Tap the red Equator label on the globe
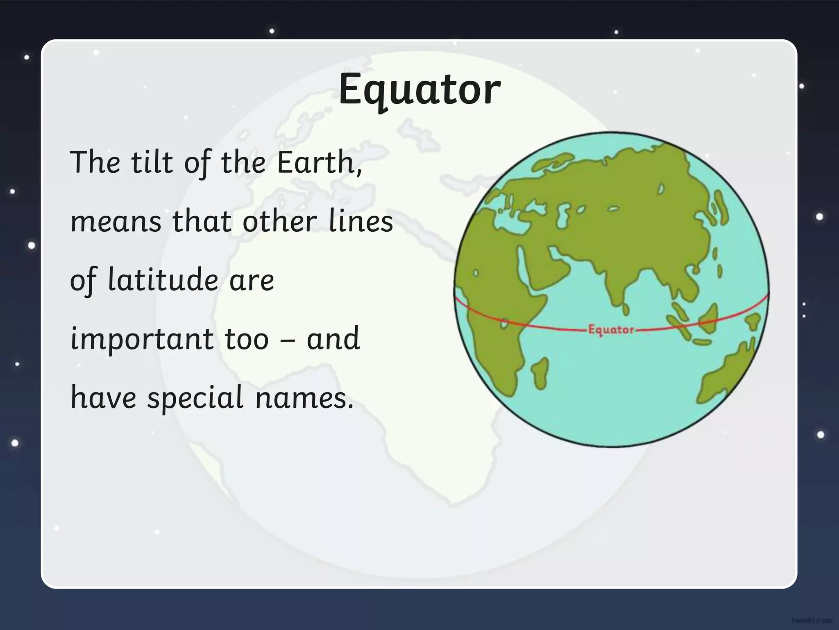(611, 330)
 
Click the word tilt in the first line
(152, 162)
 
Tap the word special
(195, 398)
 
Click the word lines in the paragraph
(361, 221)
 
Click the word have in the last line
(103, 398)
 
